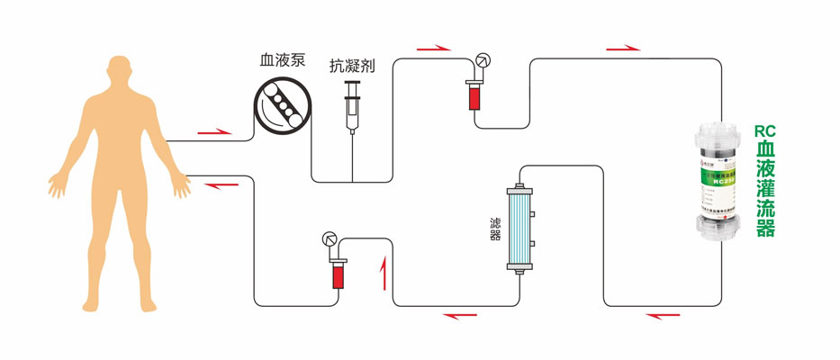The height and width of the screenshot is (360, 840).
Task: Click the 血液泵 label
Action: pos(282,61)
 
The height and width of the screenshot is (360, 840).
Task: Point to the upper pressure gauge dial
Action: pos(483,61)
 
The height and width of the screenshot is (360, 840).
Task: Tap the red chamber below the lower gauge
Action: pos(339,274)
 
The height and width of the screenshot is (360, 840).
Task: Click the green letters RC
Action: pos(765,130)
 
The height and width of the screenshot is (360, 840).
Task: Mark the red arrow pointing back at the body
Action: pos(219,185)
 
